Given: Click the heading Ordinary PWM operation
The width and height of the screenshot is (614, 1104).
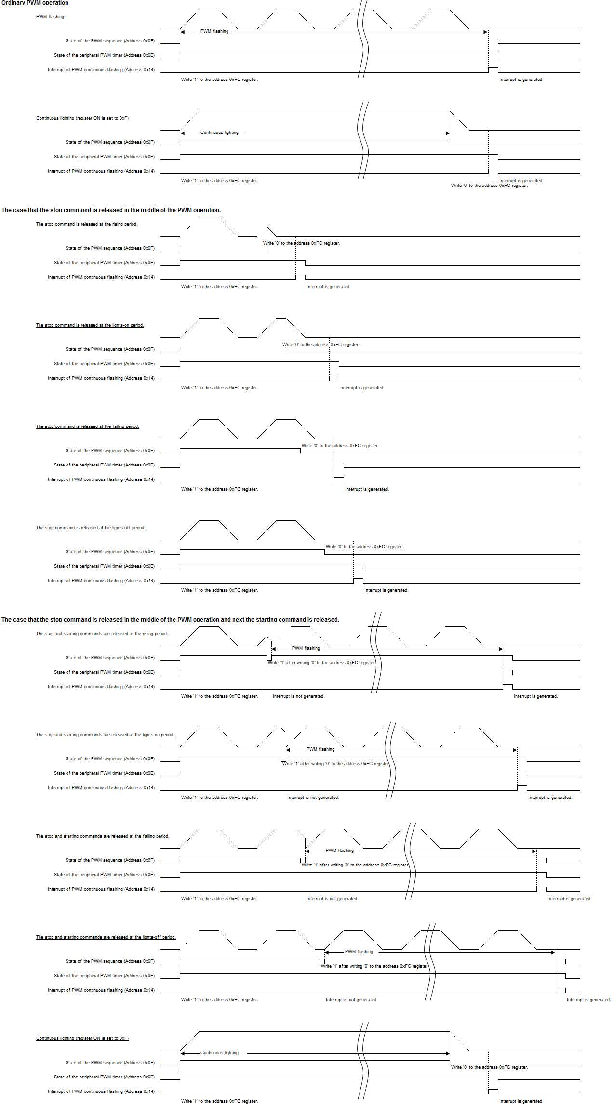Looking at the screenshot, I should (35, 3).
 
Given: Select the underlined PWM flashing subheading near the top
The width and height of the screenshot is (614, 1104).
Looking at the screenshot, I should (50, 17).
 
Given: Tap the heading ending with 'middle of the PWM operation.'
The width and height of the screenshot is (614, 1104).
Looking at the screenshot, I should (111, 210).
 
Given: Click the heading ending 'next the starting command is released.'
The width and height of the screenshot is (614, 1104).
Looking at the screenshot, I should (170, 620).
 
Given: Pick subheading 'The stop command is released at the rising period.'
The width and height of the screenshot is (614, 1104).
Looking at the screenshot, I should (87, 224).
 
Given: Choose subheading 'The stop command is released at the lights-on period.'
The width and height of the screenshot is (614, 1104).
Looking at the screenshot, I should (90, 325).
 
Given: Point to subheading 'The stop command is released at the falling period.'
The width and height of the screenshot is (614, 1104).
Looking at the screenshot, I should (87, 426).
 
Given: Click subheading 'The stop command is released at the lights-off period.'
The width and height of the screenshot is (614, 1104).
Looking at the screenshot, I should (91, 528).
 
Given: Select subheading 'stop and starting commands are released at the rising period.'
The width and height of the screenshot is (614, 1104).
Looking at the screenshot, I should (102, 634).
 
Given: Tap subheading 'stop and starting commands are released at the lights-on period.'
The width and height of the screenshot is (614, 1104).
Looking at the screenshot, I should (105, 735).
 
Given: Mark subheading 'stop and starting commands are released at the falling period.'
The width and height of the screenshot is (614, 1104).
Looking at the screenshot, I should (103, 836).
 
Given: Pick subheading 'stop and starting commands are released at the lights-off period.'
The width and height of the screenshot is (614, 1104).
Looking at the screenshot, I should (106, 937).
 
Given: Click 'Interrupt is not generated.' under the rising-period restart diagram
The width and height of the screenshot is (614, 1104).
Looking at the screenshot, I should (298, 696).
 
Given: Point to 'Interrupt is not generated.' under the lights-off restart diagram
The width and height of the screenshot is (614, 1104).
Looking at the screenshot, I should (351, 1000).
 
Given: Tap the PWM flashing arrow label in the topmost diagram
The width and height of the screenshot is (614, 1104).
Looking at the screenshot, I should (214, 31).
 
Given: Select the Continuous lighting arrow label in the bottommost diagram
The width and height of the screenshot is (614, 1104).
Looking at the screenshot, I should (219, 1053).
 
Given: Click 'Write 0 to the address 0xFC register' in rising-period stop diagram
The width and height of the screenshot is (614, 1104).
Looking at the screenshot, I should (301, 243).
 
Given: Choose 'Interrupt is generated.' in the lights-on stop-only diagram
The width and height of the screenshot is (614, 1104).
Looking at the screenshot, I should (362, 388).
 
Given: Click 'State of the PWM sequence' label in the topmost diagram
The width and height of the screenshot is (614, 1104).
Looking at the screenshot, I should (110, 41).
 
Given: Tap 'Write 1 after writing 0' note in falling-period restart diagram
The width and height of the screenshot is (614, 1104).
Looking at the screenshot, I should (355, 865).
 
